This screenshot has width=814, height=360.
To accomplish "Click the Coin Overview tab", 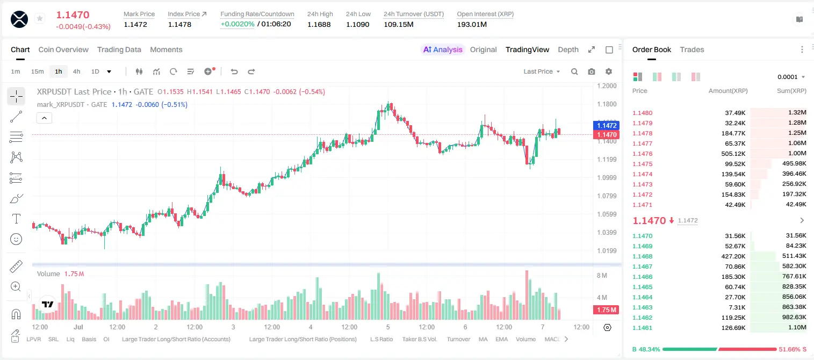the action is pyautogui.click(x=63, y=49).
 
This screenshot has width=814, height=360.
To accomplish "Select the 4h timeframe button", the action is pyautogui.click(x=76, y=71).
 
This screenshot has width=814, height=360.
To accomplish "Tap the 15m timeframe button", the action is pyautogui.click(x=38, y=71).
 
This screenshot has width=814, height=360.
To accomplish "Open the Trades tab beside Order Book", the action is pyautogui.click(x=692, y=49).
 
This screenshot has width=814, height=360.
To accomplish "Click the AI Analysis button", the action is pyautogui.click(x=443, y=49).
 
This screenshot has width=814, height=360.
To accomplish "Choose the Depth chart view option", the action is pyautogui.click(x=568, y=49).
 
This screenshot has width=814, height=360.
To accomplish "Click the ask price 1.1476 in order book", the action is pyautogui.click(x=643, y=154).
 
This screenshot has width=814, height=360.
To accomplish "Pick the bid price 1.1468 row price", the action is pyautogui.click(x=643, y=256).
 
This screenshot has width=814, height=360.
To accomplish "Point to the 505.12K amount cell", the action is pyautogui.click(x=733, y=154).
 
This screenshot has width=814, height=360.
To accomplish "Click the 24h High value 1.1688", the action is pyautogui.click(x=319, y=24).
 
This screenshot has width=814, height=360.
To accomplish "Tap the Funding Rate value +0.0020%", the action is pyautogui.click(x=237, y=24).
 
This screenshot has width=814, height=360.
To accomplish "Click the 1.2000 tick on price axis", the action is pyautogui.click(x=607, y=86).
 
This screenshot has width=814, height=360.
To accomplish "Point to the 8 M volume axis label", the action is pyautogui.click(x=602, y=275).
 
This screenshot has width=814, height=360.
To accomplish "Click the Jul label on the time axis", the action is pyautogui.click(x=78, y=327).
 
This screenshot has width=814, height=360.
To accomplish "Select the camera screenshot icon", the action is pyautogui.click(x=592, y=71).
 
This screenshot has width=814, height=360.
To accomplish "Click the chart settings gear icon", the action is pyautogui.click(x=609, y=71).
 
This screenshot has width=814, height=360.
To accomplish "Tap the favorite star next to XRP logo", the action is pyautogui.click(x=40, y=18).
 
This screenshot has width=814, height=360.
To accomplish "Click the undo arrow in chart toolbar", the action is pyautogui.click(x=234, y=71).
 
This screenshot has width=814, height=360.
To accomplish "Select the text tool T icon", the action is pyautogui.click(x=16, y=219).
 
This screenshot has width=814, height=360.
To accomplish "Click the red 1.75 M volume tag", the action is pyautogui.click(x=606, y=310).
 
